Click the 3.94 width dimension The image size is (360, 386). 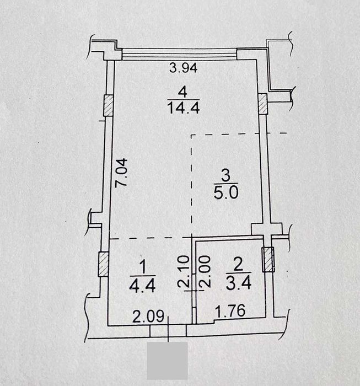click(184, 68)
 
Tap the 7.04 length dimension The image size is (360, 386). click(121, 173)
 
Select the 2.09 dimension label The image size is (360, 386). click(148, 316)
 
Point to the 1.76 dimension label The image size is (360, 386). click(230, 310)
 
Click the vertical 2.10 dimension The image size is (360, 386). click(184, 271)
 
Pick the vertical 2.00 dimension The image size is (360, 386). click(205, 271)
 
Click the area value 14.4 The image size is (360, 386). click(184, 108)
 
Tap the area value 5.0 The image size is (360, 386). click(226, 192)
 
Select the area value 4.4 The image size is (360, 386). click(142, 286)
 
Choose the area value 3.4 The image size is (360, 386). click(239, 283)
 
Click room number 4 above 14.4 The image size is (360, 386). click(182, 92)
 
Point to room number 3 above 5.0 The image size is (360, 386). click(225, 175)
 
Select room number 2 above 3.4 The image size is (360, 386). click(238, 264)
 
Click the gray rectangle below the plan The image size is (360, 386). click(168, 361)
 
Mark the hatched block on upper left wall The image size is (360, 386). click(108, 106)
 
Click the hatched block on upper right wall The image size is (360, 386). click(262, 104)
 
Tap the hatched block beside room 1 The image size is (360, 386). click(103, 264)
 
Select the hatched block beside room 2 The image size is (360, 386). click(268, 260)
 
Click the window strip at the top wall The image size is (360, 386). click(179, 55)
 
